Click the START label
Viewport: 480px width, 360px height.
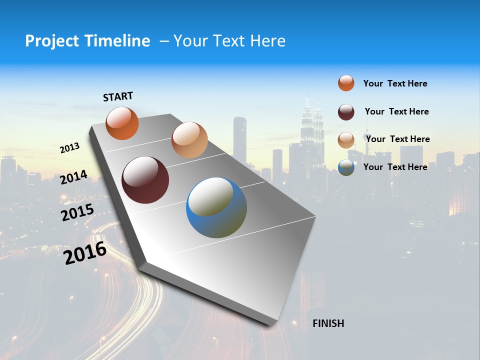pos(118,96)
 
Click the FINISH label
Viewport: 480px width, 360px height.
pos(328,323)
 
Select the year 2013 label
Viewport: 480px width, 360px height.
pos(69,147)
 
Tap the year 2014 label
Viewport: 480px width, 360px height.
pos(73,177)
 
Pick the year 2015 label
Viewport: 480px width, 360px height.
pos(77,212)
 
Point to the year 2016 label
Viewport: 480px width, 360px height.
pos(85,253)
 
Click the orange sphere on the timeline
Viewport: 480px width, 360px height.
pos(122,123)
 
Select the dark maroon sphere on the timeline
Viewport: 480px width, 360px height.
pos(145,180)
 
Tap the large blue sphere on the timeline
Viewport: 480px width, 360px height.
pos(216,207)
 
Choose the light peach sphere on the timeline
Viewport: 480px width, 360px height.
pos(189,140)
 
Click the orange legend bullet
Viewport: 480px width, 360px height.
pos(346,83)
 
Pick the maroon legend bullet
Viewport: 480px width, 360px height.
pos(346,112)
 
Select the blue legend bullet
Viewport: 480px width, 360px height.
pos(346,167)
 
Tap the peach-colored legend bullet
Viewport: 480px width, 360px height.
pos(346,140)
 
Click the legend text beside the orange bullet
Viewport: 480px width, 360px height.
pos(395,83)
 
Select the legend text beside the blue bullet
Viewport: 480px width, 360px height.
pos(395,167)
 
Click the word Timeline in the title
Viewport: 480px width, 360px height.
pos(117,41)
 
